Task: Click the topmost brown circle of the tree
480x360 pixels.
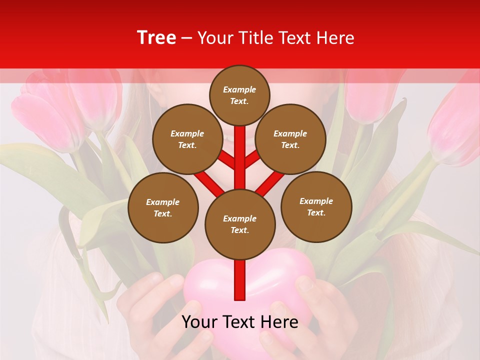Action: [x=239, y=95]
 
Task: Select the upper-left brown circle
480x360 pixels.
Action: [x=187, y=139]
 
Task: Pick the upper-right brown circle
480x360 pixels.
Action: [x=290, y=139]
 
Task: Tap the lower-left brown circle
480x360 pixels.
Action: [x=163, y=207]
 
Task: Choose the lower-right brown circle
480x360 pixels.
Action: [x=316, y=206]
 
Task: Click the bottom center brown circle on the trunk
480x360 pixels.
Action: [x=239, y=224]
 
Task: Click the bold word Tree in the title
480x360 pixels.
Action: [x=156, y=37]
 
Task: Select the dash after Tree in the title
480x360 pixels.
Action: [x=186, y=38]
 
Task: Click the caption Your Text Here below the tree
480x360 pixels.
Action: [x=239, y=322]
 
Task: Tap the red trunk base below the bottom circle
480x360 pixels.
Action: [x=239, y=280]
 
